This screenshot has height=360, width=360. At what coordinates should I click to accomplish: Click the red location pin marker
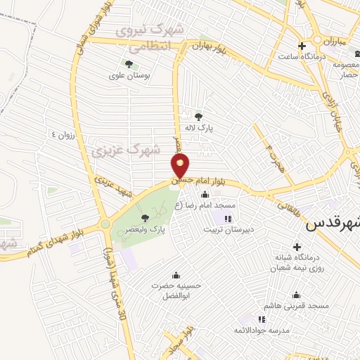coord(181,167)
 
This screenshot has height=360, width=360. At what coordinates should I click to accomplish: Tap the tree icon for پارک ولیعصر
coord(145,217)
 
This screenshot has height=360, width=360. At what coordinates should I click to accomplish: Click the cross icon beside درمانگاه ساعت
coord(302,46)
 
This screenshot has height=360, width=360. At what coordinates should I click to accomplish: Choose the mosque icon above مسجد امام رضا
coord(205,194)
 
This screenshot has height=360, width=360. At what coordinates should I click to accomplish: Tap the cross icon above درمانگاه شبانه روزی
coord(297,247)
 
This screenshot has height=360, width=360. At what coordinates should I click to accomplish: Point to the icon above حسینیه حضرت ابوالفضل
coord(175,275)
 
